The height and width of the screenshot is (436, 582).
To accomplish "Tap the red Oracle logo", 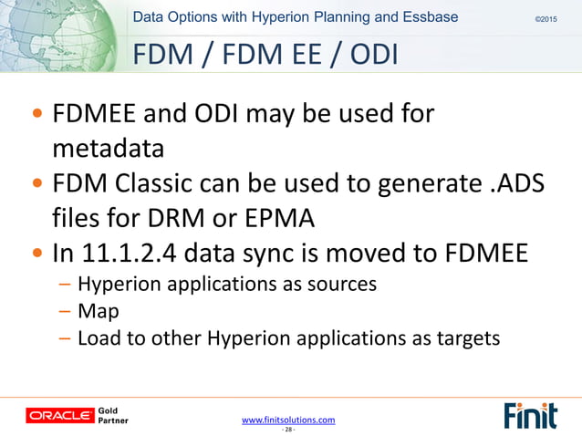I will [x=60, y=416].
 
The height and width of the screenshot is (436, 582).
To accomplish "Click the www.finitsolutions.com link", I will [x=288, y=420].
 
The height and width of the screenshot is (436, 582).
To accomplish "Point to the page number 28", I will [x=288, y=430].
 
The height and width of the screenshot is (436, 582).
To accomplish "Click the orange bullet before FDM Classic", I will [x=36, y=184].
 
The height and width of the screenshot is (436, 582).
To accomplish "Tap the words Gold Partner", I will [x=114, y=416].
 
